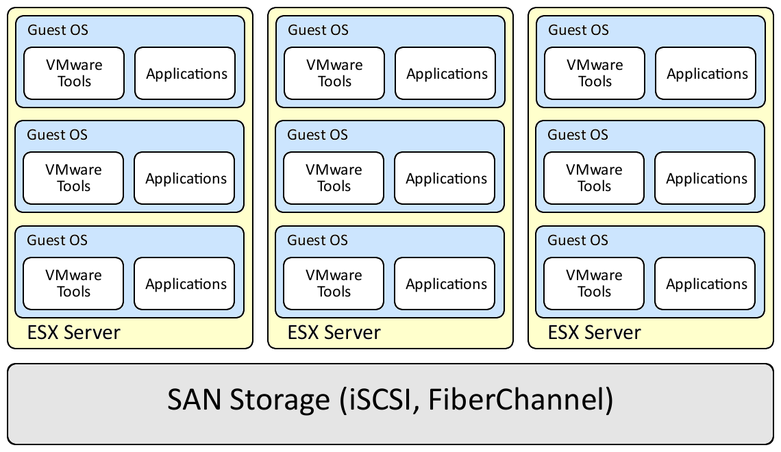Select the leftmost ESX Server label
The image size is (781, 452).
point(74,333)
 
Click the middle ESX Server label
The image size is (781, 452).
point(334,333)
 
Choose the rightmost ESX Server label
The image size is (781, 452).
point(595,333)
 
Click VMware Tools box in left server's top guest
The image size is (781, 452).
point(74,73)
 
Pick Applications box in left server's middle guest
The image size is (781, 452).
point(185,178)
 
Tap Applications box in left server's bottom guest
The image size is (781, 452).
point(185,284)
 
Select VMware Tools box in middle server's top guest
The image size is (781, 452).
point(334,73)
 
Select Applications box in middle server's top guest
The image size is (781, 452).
point(446,73)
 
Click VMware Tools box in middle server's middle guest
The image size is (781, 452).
point(334,178)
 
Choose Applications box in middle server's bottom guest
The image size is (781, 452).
point(445,284)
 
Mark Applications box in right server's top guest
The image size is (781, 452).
point(706,73)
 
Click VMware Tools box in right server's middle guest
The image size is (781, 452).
point(594,178)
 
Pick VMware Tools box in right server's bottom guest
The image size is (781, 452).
point(594,284)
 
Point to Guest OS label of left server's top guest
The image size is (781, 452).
point(58,30)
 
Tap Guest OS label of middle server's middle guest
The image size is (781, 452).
point(317,135)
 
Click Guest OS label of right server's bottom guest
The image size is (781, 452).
point(578,240)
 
